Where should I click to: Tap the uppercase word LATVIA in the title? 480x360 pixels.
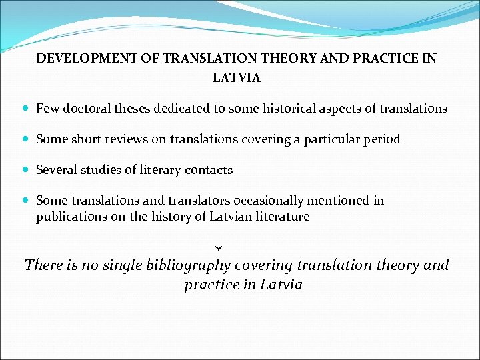click(x=237, y=77)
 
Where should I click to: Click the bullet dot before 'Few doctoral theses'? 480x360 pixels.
click(x=25, y=108)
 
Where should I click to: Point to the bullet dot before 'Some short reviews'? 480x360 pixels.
click(x=25, y=139)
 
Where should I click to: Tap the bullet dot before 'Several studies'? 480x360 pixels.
click(x=25, y=170)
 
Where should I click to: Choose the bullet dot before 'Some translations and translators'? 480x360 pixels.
click(x=25, y=201)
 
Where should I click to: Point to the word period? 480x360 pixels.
click(x=381, y=139)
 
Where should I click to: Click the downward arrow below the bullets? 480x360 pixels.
click(x=219, y=242)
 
